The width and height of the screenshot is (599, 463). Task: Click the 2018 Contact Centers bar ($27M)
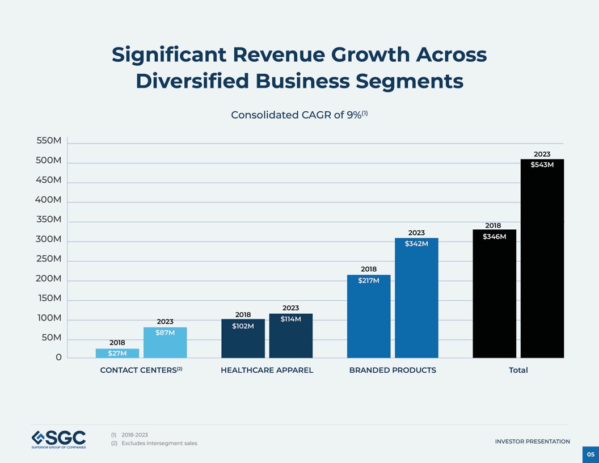click(117, 353)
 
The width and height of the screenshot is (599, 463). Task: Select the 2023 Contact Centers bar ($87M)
click(165, 343)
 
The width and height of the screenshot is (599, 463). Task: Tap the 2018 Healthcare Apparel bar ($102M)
click(243, 339)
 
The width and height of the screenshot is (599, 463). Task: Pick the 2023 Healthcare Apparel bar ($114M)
click(290, 336)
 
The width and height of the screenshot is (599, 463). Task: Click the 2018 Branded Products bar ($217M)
click(369, 317)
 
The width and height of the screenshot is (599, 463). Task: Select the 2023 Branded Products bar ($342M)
click(416, 298)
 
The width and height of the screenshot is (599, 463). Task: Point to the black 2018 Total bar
click(494, 294)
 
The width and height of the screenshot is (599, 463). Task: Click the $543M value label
click(542, 165)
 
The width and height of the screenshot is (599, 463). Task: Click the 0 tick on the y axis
click(58, 357)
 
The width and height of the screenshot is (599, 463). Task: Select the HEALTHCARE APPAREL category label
click(267, 370)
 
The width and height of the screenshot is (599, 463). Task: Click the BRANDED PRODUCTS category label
click(393, 370)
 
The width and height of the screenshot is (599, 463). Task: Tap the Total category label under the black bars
click(518, 370)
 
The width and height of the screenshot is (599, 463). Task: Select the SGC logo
click(59, 439)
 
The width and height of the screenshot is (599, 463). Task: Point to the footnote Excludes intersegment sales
click(159, 443)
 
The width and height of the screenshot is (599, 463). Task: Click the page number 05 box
click(590, 454)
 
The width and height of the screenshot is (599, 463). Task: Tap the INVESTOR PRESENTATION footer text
click(532, 441)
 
